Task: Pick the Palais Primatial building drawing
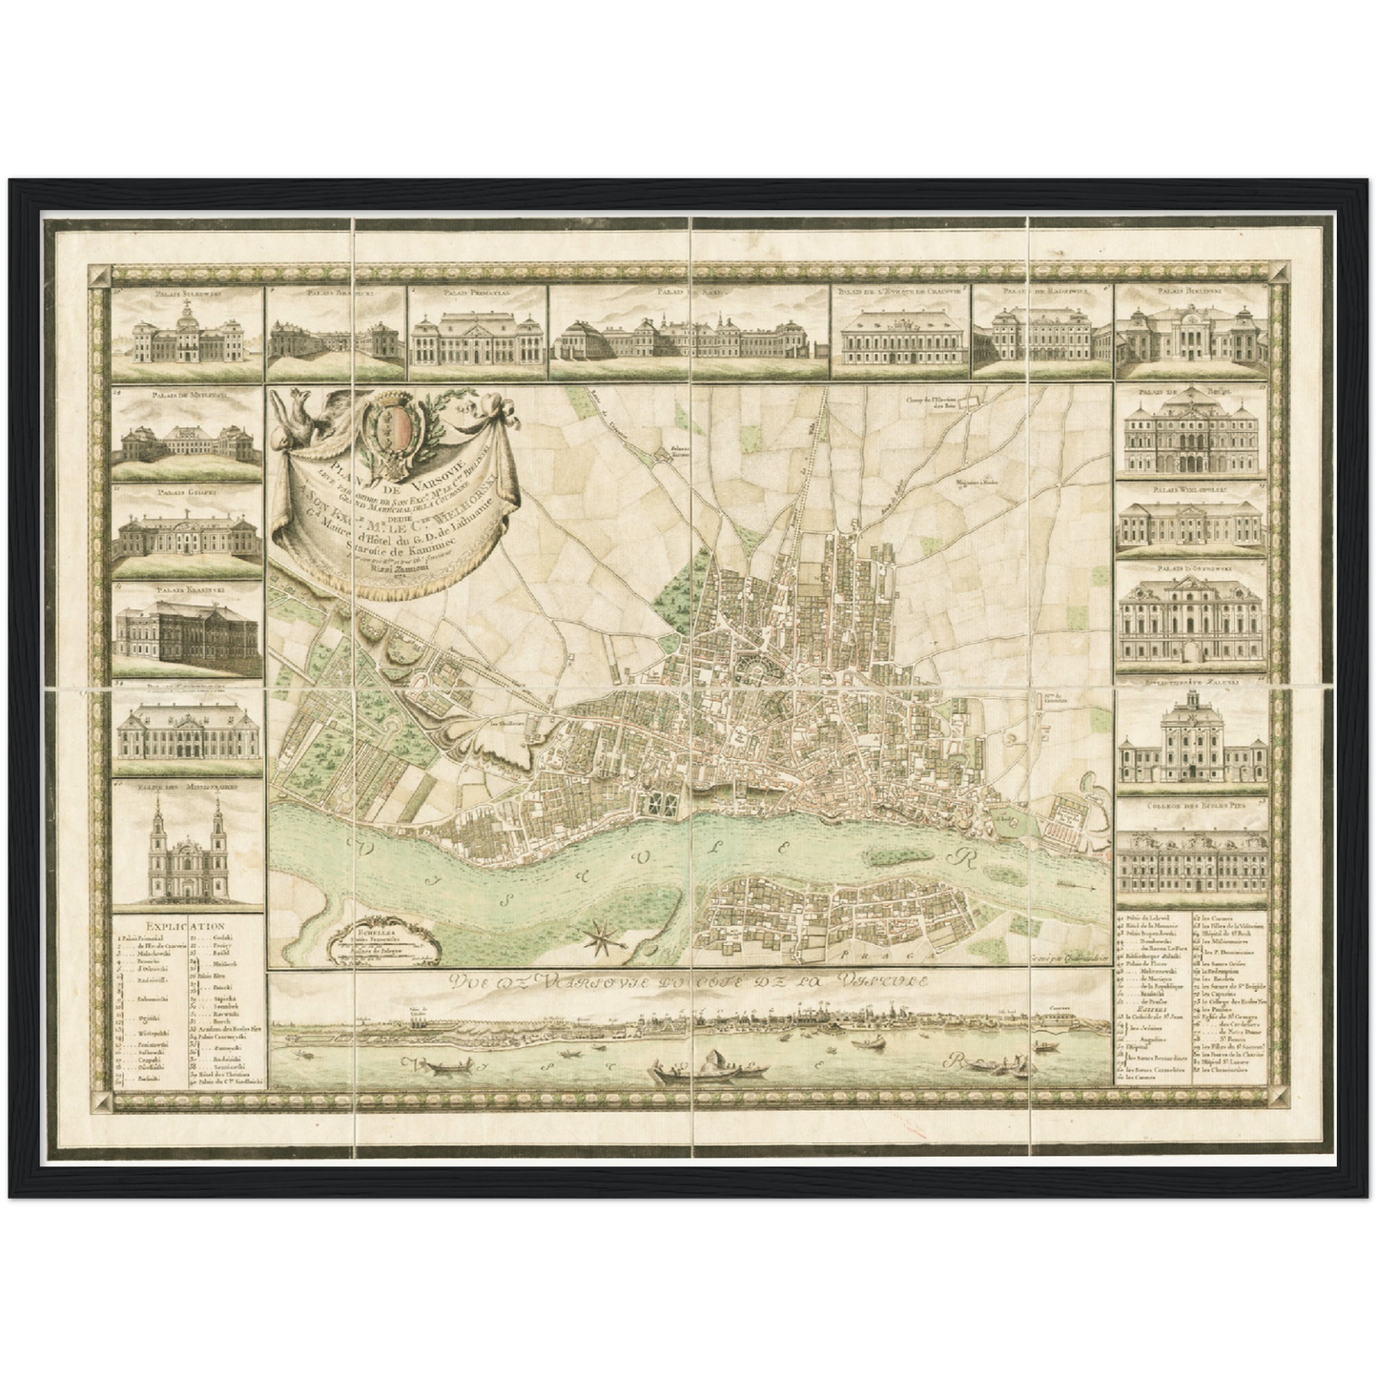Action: click(479, 338)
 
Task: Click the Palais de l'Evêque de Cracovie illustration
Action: click(902, 339)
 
